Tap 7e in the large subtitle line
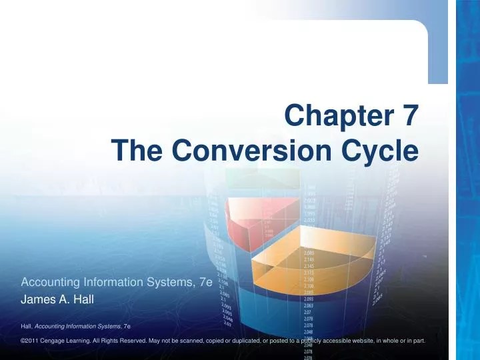point(205,282)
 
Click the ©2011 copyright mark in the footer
point(32,341)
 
